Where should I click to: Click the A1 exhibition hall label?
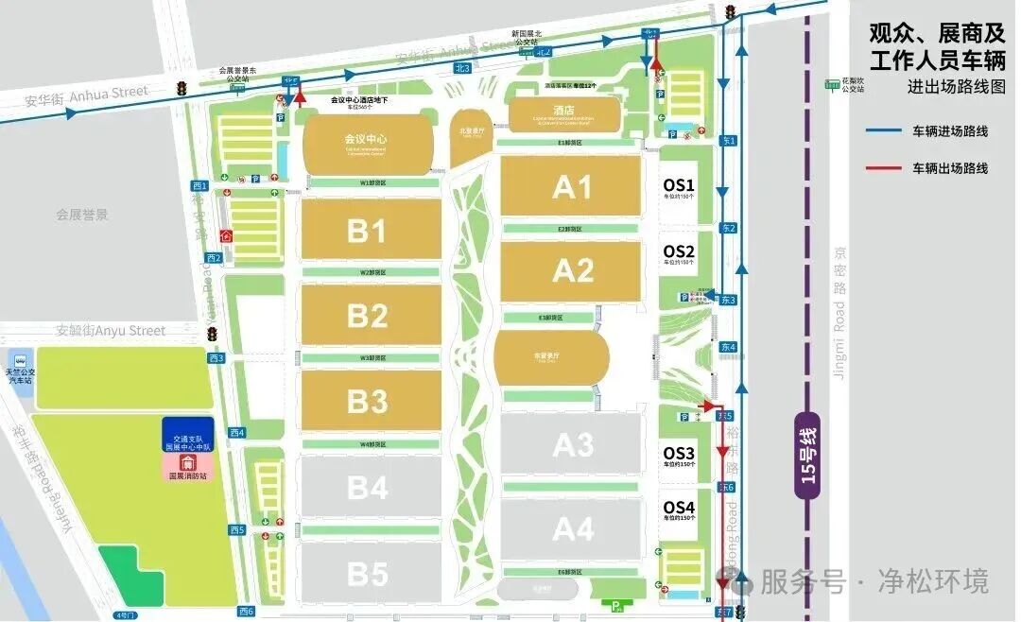point(572,186)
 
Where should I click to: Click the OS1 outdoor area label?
point(679,185)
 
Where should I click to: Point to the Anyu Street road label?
point(111,331)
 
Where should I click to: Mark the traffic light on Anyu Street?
point(214,334)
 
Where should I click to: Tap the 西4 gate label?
point(236,433)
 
